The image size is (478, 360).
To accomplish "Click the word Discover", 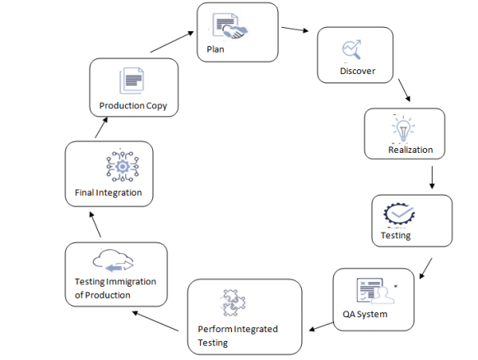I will [357, 72].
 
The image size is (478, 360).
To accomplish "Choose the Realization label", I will [410, 150].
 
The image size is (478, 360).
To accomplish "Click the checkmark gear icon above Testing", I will [399, 215].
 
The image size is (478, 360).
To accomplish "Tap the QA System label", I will [364, 314].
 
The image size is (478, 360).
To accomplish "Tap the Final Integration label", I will [107, 193].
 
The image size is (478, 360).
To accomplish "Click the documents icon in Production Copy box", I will [132, 81].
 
